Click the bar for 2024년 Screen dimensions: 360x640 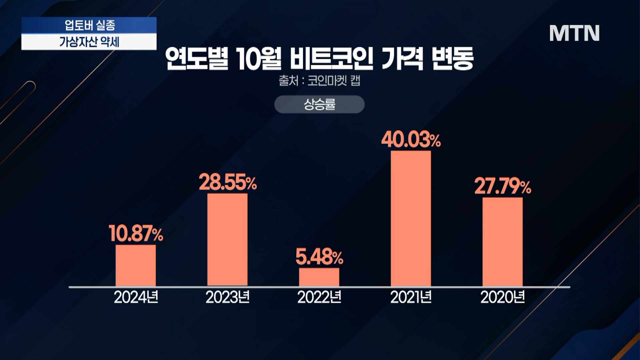click(x=136, y=265)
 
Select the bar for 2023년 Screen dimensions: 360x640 click(x=227, y=239)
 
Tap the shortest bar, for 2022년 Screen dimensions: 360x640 click(x=319, y=277)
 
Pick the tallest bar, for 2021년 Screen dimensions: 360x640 click(x=411, y=218)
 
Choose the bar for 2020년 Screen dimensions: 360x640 click(x=502, y=242)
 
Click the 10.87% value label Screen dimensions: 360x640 click(x=136, y=233)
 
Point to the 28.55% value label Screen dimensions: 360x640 click(x=228, y=182)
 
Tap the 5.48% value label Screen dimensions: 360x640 click(x=319, y=257)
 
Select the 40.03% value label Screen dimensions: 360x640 click(x=411, y=140)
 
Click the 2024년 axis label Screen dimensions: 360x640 click(x=136, y=297)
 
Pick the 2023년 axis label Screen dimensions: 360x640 click(x=228, y=297)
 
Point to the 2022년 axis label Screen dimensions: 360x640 click(x=319, y=297)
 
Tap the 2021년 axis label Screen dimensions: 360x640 click(x=411, y=297)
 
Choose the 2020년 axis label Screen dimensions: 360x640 click(x=503, y=297)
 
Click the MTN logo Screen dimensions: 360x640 click(x=574, y=33)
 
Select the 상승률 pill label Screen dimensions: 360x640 click(x=319, y=104)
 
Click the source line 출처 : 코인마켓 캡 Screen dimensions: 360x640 click(x=319, y=81)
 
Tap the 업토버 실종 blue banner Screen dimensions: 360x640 click(x=89, y=25)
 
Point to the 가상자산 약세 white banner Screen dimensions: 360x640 click(x=89, y=42)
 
